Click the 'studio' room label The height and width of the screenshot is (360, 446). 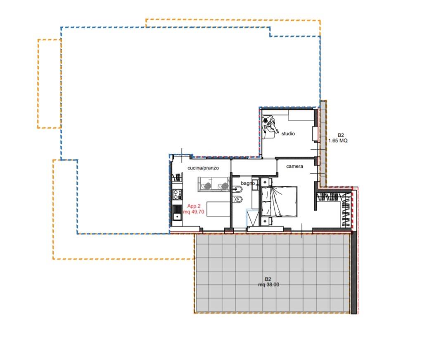point(288,134)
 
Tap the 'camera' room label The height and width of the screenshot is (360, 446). point(294,166)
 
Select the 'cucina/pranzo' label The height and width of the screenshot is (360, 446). point(203,168)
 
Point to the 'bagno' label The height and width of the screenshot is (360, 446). point(248,183)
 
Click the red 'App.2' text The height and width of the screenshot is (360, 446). point(194,206)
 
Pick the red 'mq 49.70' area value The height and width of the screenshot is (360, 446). point(193,212)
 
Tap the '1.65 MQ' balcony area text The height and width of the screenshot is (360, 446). point(338,141)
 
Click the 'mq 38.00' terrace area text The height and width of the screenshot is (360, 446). point(268,285)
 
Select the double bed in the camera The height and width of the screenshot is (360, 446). point(279,201)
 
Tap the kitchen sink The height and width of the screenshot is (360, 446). point(177,213)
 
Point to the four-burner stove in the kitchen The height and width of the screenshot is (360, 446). point(177,195)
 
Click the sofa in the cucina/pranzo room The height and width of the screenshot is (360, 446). point(214,184)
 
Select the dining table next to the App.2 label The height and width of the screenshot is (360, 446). point(218,209)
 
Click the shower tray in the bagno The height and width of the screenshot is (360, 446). point(252,218)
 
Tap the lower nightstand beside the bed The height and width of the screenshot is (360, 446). point(266,221)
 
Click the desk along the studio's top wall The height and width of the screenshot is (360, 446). point(301,115)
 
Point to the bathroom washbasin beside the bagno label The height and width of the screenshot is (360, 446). point(237,189)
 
